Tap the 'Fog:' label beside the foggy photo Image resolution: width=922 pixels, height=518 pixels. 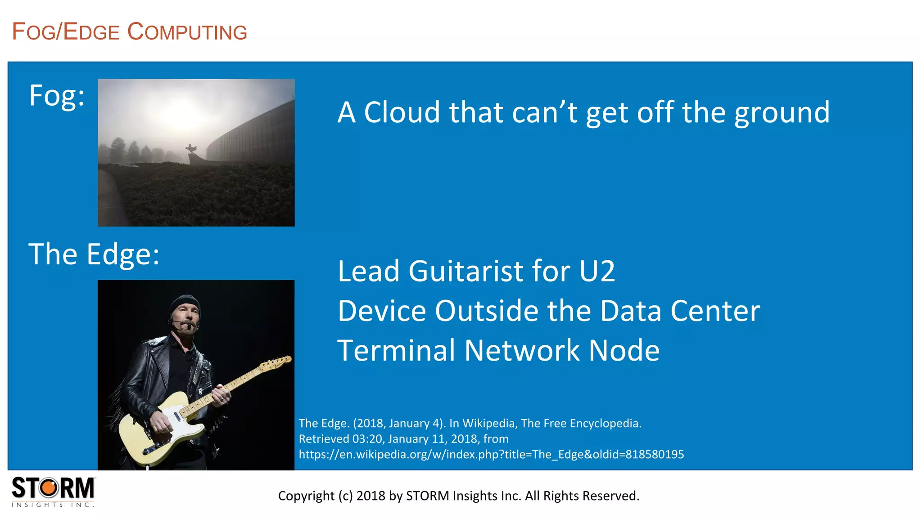tap(57, 96)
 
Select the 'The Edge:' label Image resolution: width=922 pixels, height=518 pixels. tap(94, 255)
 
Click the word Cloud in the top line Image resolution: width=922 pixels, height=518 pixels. tap(402, 112)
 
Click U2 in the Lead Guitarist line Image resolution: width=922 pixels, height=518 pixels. tap(597, 271)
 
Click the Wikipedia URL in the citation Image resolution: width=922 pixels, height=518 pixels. tap(491, 455)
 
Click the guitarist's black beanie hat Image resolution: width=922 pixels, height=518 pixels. tap(185, 304)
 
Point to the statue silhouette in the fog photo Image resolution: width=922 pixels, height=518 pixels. tap(191, 149)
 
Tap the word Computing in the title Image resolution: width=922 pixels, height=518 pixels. tap(187, 32)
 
